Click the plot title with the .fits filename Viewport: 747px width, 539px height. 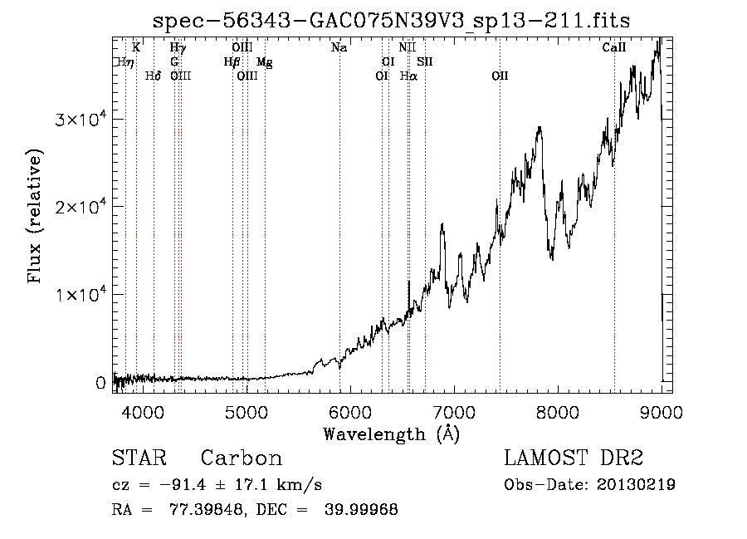[x=391, y=21]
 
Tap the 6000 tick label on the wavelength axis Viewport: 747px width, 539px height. [x=350, y=412]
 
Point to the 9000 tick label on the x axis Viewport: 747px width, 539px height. [x=662, y=412]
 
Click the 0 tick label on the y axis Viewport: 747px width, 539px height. [x=100, y=383]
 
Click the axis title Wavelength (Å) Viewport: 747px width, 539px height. [x=391, y=434]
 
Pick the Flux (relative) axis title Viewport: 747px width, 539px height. [x=35, y=217]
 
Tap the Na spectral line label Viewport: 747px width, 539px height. [x=339, y=47]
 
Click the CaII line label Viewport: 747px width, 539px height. [x=613, y=47]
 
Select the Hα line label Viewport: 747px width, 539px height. [x=408, y=76]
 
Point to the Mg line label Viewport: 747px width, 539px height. [x=265, y=62]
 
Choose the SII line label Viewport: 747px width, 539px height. [x=424, y=61]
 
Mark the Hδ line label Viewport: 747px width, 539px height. [x=153, y=76]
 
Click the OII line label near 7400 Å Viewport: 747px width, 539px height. [x=500, y=76]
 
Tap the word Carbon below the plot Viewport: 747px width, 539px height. [x=241, y=458]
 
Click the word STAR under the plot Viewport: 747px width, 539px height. [x=139, y=458]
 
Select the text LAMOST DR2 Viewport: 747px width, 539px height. [x=574, y=458]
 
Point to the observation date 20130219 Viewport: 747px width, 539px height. [x=636, y=485]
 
